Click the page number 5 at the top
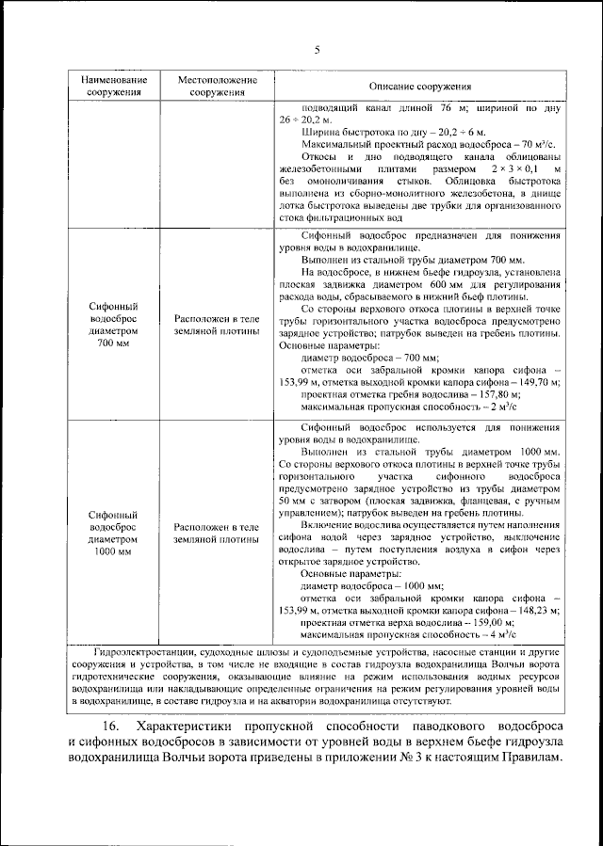(318, 50)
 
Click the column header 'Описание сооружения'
(418, 87)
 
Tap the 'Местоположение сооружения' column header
(217, 87)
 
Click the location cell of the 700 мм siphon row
(217, 325)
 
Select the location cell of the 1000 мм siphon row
(217, 534)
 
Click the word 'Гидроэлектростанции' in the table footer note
(144, 651)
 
